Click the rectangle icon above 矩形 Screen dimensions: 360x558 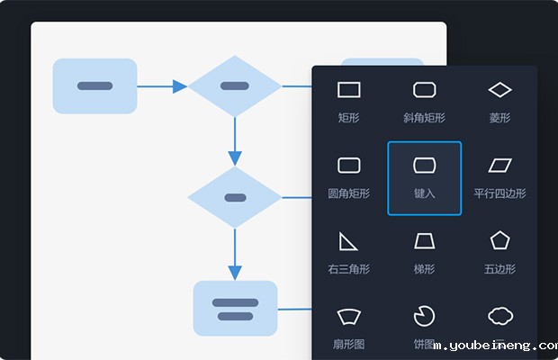click(x=349, y=89)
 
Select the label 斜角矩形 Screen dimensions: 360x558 click(x=425, y=118)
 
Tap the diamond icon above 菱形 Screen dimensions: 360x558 click(x=499, y=89)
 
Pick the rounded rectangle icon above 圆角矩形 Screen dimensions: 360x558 click(x=349, y=165)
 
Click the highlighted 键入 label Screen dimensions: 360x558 click(x=425, y=193)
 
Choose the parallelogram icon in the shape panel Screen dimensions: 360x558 click(x=499, y=165)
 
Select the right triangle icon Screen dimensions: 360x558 click(x=348, y=240)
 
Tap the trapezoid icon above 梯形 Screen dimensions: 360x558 click(x=425, y=240)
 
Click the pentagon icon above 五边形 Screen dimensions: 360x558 click(x=499, y=240)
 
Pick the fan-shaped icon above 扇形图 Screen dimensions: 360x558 click(x=349, y=316)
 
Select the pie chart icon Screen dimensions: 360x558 click(x=424, y=316)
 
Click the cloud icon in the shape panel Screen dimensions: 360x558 click(x=499, y=316)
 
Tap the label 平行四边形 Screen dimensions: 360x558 click(x=499, y=193)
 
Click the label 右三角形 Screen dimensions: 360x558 click(x=349, y=269)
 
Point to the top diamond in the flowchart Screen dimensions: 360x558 click(x=235, y=86)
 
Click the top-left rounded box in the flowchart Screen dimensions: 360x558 click(x=94, y=86)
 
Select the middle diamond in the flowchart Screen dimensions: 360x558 click(x=235, y=197)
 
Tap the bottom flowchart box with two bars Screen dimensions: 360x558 click(x=235, y=309)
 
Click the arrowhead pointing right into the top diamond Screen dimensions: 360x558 click(x=180, y=86)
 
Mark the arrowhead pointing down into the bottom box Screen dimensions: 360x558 click(x=235, y=272)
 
